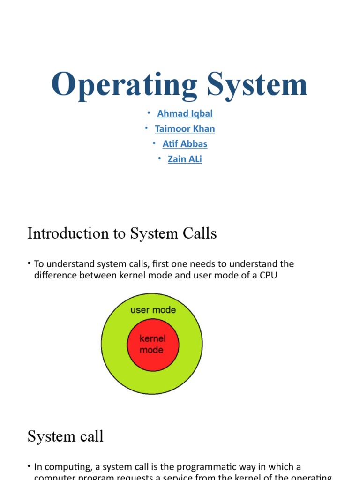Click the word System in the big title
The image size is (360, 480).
[257, 85]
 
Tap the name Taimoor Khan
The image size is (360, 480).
[185, 128]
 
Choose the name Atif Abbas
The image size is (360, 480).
[185, 143]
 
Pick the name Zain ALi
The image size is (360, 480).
[185, 159]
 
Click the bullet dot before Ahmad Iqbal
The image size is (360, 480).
[149, 112]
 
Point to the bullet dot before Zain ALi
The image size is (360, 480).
[159, 158]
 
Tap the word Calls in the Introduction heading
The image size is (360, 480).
[200, 233]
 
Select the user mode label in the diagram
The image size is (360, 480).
[153, 310]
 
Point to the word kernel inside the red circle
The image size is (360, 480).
[152, 338]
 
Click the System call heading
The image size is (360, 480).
[65, 436]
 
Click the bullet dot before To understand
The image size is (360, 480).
[29, 264]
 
